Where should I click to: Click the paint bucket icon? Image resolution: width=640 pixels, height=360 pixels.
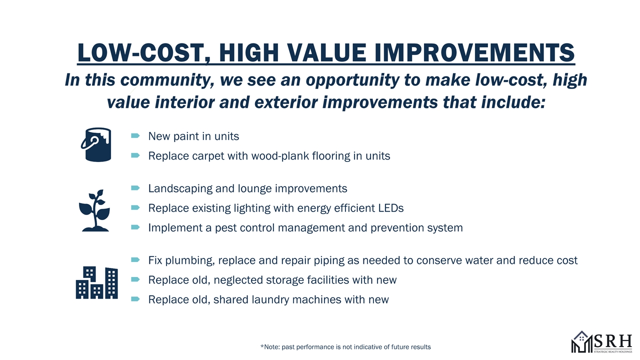pyautogui.click(x=96, y=144)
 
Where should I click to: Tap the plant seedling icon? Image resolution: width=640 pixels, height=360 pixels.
pyautogui.click(x=94, y=210)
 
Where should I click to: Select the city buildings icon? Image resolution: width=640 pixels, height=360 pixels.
pyautogui.click(x=97, y=283)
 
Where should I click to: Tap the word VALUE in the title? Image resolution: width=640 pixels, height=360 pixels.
pyautogui.click(x=326, y=53)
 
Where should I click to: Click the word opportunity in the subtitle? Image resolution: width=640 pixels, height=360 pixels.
pyautogui.click(x=352, y=80)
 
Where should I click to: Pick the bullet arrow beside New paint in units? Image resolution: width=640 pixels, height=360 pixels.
pyautogui.click(x=135, y=135)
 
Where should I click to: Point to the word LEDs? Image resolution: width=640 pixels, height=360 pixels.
pyautogui.click(x=391, y=208)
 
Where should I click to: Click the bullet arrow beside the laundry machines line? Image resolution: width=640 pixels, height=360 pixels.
pyautogui.click(x=135, y=299)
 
